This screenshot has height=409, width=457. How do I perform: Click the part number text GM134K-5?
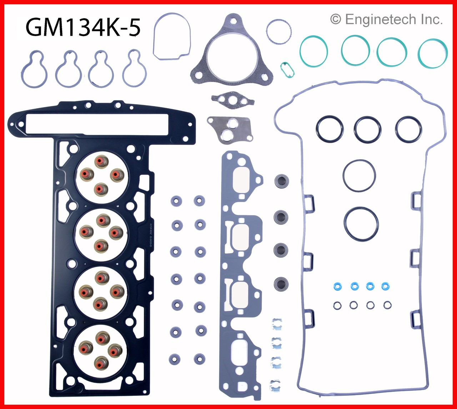83,28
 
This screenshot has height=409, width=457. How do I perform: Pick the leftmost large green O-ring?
314,51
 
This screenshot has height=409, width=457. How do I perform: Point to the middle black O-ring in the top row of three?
367,129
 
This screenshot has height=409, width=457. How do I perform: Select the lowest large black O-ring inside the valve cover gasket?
361,223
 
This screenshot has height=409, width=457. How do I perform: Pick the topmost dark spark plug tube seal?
281,181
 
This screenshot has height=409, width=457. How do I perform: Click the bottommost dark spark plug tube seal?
281,284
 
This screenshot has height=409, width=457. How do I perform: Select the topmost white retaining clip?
276,323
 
